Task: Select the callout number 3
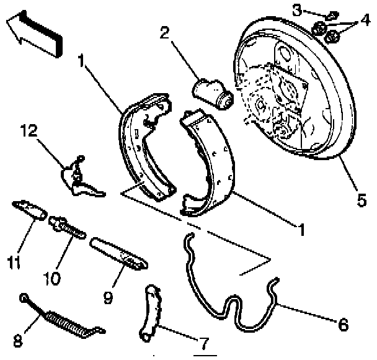(x=299, y=10)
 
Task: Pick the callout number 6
(x=343, y=323)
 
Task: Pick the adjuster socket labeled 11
(x=30, y=209)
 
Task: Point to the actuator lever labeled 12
(x=78, y=177)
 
